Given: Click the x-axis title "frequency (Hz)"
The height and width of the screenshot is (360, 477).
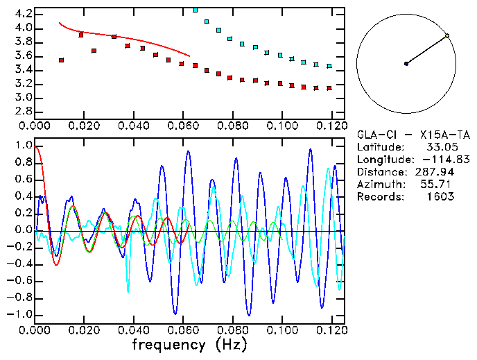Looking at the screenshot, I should (x=189, y=344).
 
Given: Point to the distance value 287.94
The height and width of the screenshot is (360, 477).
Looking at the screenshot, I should (x=435, y=172).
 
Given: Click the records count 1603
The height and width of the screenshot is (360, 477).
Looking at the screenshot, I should (x=440, y=196).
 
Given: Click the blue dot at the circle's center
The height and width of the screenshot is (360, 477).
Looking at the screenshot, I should (x=406, y=64).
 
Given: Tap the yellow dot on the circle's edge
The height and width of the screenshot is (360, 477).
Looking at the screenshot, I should (x=447, y=35).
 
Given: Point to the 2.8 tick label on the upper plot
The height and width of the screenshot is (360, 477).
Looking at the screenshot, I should (x=23, y=112).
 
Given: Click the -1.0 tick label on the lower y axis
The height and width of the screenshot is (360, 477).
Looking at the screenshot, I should (x=21, y=314).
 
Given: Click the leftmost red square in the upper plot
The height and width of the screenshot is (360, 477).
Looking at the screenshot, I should (x=61, y=60).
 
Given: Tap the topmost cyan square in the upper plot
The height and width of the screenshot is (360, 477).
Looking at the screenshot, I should (x=195, y=10).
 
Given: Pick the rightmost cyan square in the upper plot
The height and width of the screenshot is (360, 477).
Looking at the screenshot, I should (x=329, y=66).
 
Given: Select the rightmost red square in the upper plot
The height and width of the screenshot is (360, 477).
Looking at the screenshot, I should (x=329, y=88).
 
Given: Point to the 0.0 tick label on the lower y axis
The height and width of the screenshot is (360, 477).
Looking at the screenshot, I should (x=23, y=230).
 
